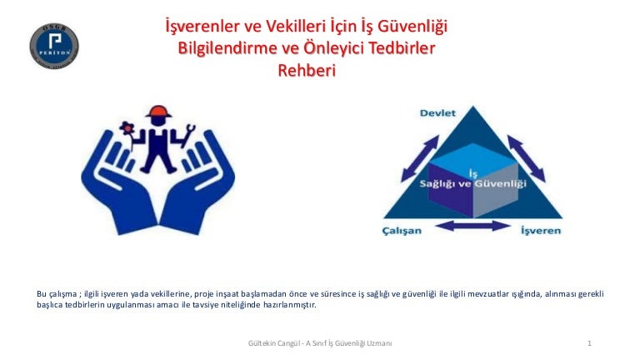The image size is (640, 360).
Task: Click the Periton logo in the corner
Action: pos(54,46)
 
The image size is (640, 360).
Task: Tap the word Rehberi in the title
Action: pos(307,70)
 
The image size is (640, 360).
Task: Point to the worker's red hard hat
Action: pos(159,112)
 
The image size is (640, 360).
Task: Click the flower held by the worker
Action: pos(127,128)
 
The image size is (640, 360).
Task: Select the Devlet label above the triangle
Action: pos(437,113)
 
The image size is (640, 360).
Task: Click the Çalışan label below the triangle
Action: pos(402,231)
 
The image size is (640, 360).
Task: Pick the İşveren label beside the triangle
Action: pos(541,231)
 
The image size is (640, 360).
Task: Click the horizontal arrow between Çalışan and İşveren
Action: pos(472,226)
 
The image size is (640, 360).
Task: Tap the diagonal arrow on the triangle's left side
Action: pos(420,158)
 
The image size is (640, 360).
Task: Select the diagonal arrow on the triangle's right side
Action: pos(526,158)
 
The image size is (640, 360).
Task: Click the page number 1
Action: pos(589,343)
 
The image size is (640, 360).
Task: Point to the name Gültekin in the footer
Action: pos(262,343)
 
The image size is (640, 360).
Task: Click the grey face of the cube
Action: pos(496,190)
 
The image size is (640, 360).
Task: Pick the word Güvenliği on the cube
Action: pos(500,183)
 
